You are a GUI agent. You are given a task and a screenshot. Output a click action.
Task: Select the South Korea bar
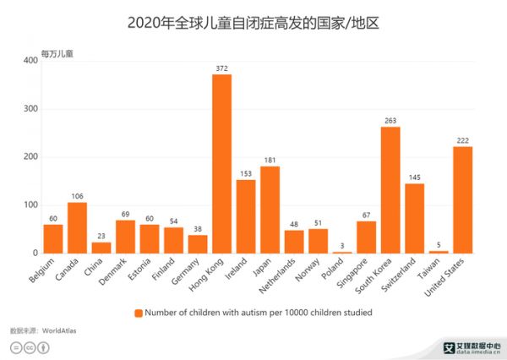(390, 190)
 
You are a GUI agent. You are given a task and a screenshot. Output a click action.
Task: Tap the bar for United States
(462, 200)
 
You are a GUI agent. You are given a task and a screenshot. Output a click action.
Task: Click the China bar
(101, 248)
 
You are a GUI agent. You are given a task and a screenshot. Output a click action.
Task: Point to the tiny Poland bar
(341, 252)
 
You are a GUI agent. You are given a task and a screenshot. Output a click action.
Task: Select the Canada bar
(77, 228)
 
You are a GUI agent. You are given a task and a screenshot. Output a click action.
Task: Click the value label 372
(221, 68)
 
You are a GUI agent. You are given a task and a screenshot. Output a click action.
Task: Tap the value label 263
(390, 120)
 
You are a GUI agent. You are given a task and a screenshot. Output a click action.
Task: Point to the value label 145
(414, 177)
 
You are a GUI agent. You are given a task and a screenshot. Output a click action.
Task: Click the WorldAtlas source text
(59, 330)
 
